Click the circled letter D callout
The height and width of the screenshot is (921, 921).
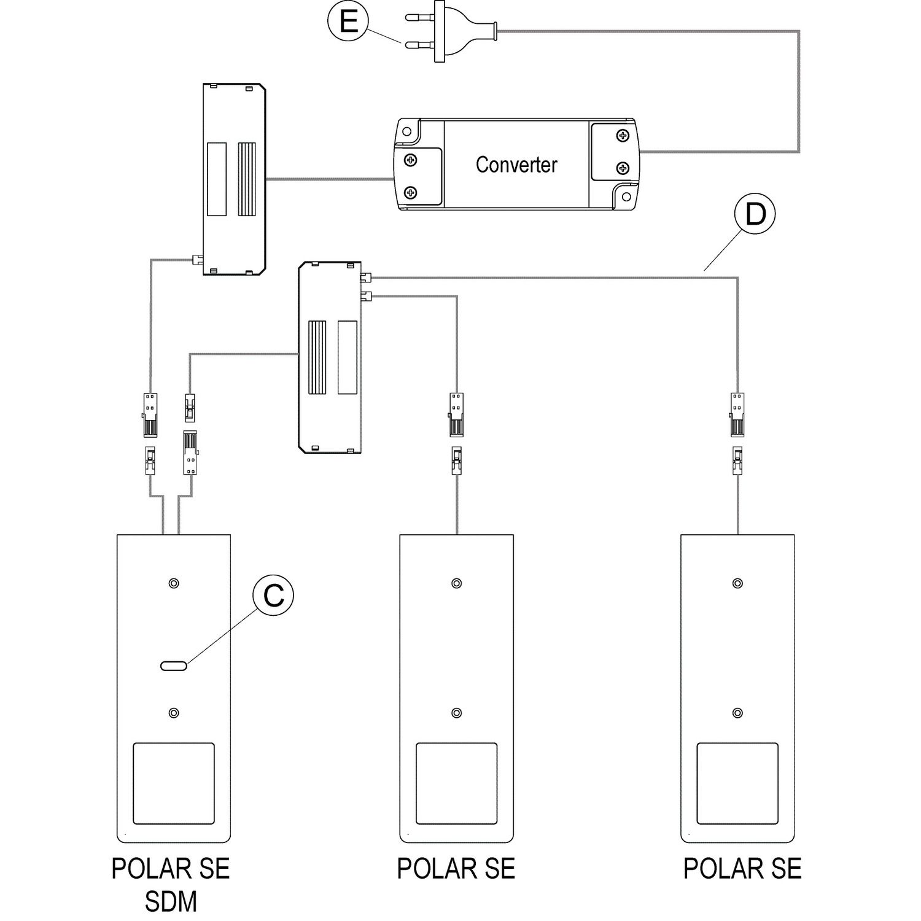(x=755, y=214)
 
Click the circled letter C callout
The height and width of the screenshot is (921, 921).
(x=273, y=595)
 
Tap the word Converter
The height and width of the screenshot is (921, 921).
(x=516, y=165)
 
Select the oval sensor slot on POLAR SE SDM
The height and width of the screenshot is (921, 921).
(x=173, y=666)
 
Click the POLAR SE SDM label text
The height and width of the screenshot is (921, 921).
(x=171, y=885)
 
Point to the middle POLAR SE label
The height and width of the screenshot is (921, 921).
(x=456, y=869)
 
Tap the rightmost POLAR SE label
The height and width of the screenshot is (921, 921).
(x=742, y=869)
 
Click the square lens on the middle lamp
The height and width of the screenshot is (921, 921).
(x=456, y=783)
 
